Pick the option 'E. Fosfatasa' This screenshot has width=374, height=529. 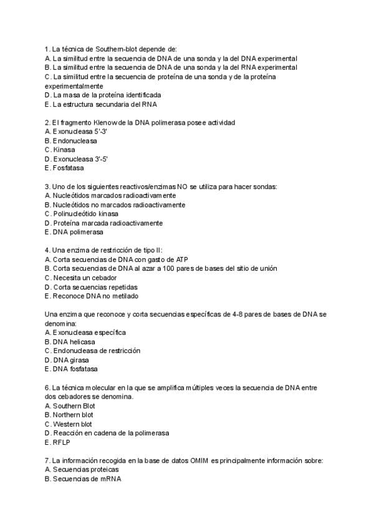point(65,168)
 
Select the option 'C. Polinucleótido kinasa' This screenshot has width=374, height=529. point(86,213)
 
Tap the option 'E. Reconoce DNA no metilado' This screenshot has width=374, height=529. point(92,296)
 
